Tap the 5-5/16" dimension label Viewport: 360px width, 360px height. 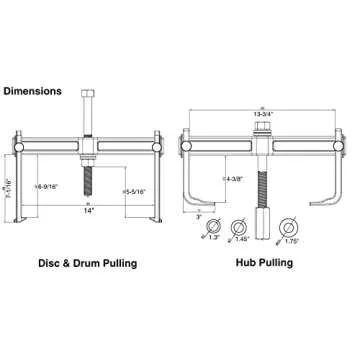coord(136,190)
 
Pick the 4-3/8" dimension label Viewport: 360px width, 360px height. coord(237,178)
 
